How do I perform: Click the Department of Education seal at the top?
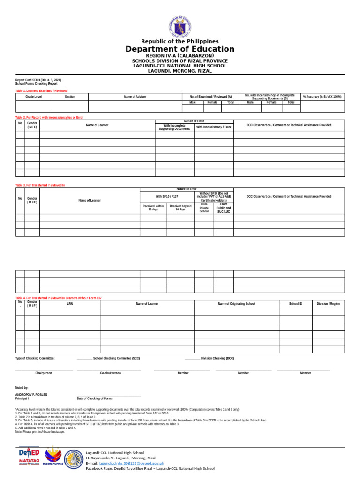(180, 27)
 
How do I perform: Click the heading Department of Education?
(180, 49)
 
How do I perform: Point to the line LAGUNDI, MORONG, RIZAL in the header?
(180, 71)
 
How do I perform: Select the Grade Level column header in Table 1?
(33, 96)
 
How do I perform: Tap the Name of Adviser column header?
(135, 96)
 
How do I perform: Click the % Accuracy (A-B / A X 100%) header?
(322, 96)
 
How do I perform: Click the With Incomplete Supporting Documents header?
(174, 127)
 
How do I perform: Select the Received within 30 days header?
(153, 208)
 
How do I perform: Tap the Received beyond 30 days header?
(180, 208)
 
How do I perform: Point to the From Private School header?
(204, 208)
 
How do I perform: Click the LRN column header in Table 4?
(70, 304)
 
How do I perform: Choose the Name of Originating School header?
(236, 304)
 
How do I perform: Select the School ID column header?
(295, 304)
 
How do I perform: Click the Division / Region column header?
(328, 304)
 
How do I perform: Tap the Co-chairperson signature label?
(110, 373)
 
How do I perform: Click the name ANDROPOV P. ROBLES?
(31, 395)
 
